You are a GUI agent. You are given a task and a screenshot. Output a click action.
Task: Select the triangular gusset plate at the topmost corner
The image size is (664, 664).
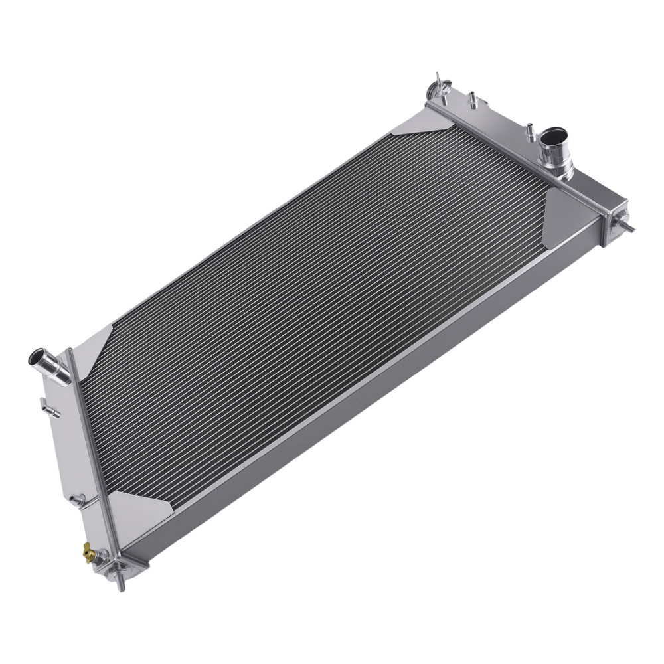(419, 123)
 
